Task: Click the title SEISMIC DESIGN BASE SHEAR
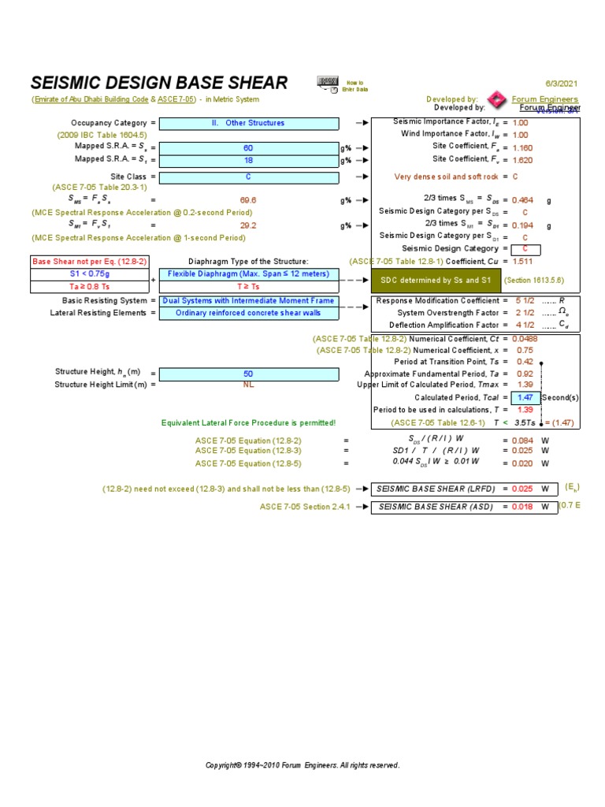[x=159, y=84]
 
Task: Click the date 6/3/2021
[x=562, y=84]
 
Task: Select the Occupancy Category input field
[x=249, y=123]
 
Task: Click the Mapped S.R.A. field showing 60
[x=249, y=148]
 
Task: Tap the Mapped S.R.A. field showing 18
[x=249, y=160]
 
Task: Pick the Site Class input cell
[x=249, y=177]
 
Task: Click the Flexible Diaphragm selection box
[x=249, y=274]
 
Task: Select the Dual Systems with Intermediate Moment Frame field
[x=249, y=300]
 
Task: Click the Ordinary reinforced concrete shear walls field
[x=249, y=313]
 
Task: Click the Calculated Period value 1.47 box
[x=525, y=398]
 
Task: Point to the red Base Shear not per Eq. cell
[x=89, y=262]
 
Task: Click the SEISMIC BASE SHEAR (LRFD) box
[x=436, y=489]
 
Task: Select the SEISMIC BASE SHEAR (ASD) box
[x=436, y=507]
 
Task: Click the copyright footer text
[x=302, y=765]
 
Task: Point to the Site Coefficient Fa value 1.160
[x=522, y=147]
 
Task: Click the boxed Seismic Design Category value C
[x=525, y=250]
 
